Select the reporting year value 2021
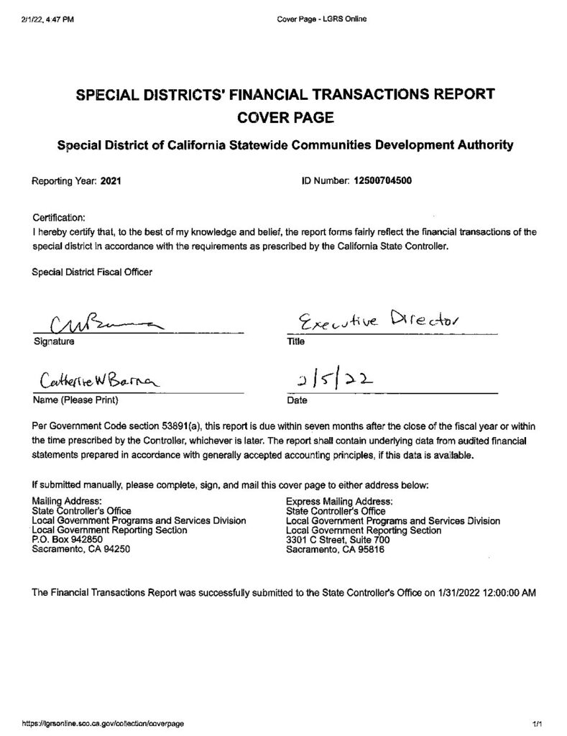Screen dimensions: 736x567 (110, 182)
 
